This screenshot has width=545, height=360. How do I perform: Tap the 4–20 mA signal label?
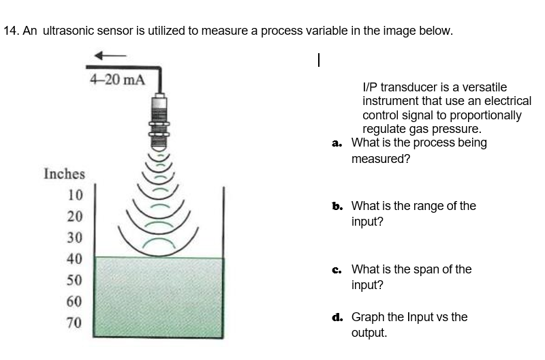pos(117,80)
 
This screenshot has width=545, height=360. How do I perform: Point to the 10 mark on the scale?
pos(75,194)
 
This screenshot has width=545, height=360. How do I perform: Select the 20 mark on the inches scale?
pos(75,216)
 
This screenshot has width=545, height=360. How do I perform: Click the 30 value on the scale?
pos(75,237)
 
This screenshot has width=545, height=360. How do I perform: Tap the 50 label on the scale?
pos(75,280)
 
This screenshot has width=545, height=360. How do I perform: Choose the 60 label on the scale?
pos(75,301)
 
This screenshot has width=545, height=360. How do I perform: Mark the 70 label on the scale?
pos(75,322)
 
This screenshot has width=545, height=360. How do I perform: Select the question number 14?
pos(10,31)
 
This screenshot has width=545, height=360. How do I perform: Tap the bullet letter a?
pos(337,143)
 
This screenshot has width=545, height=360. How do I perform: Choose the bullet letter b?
pos(337,205)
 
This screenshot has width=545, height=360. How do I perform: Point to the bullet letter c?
pos(337,269)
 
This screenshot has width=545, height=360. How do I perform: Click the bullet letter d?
pos(337,317)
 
